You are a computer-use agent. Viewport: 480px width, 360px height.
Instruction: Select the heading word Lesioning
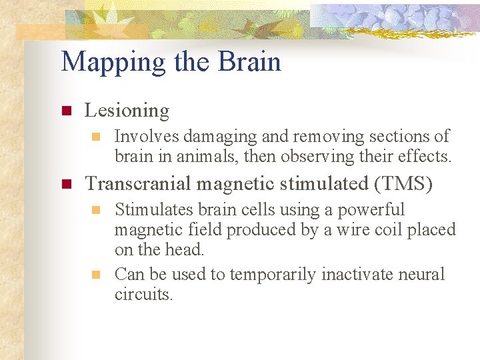127,111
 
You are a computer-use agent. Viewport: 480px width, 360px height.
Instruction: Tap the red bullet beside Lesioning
66,111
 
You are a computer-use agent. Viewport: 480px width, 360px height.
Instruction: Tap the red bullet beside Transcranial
66,184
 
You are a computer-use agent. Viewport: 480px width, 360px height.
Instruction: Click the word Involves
147,137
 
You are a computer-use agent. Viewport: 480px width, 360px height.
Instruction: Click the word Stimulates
151,210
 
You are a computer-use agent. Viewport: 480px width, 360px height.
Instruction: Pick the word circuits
143,294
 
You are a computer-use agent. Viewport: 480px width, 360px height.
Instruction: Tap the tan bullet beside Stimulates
96,210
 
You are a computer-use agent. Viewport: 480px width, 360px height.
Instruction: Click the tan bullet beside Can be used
96,275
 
